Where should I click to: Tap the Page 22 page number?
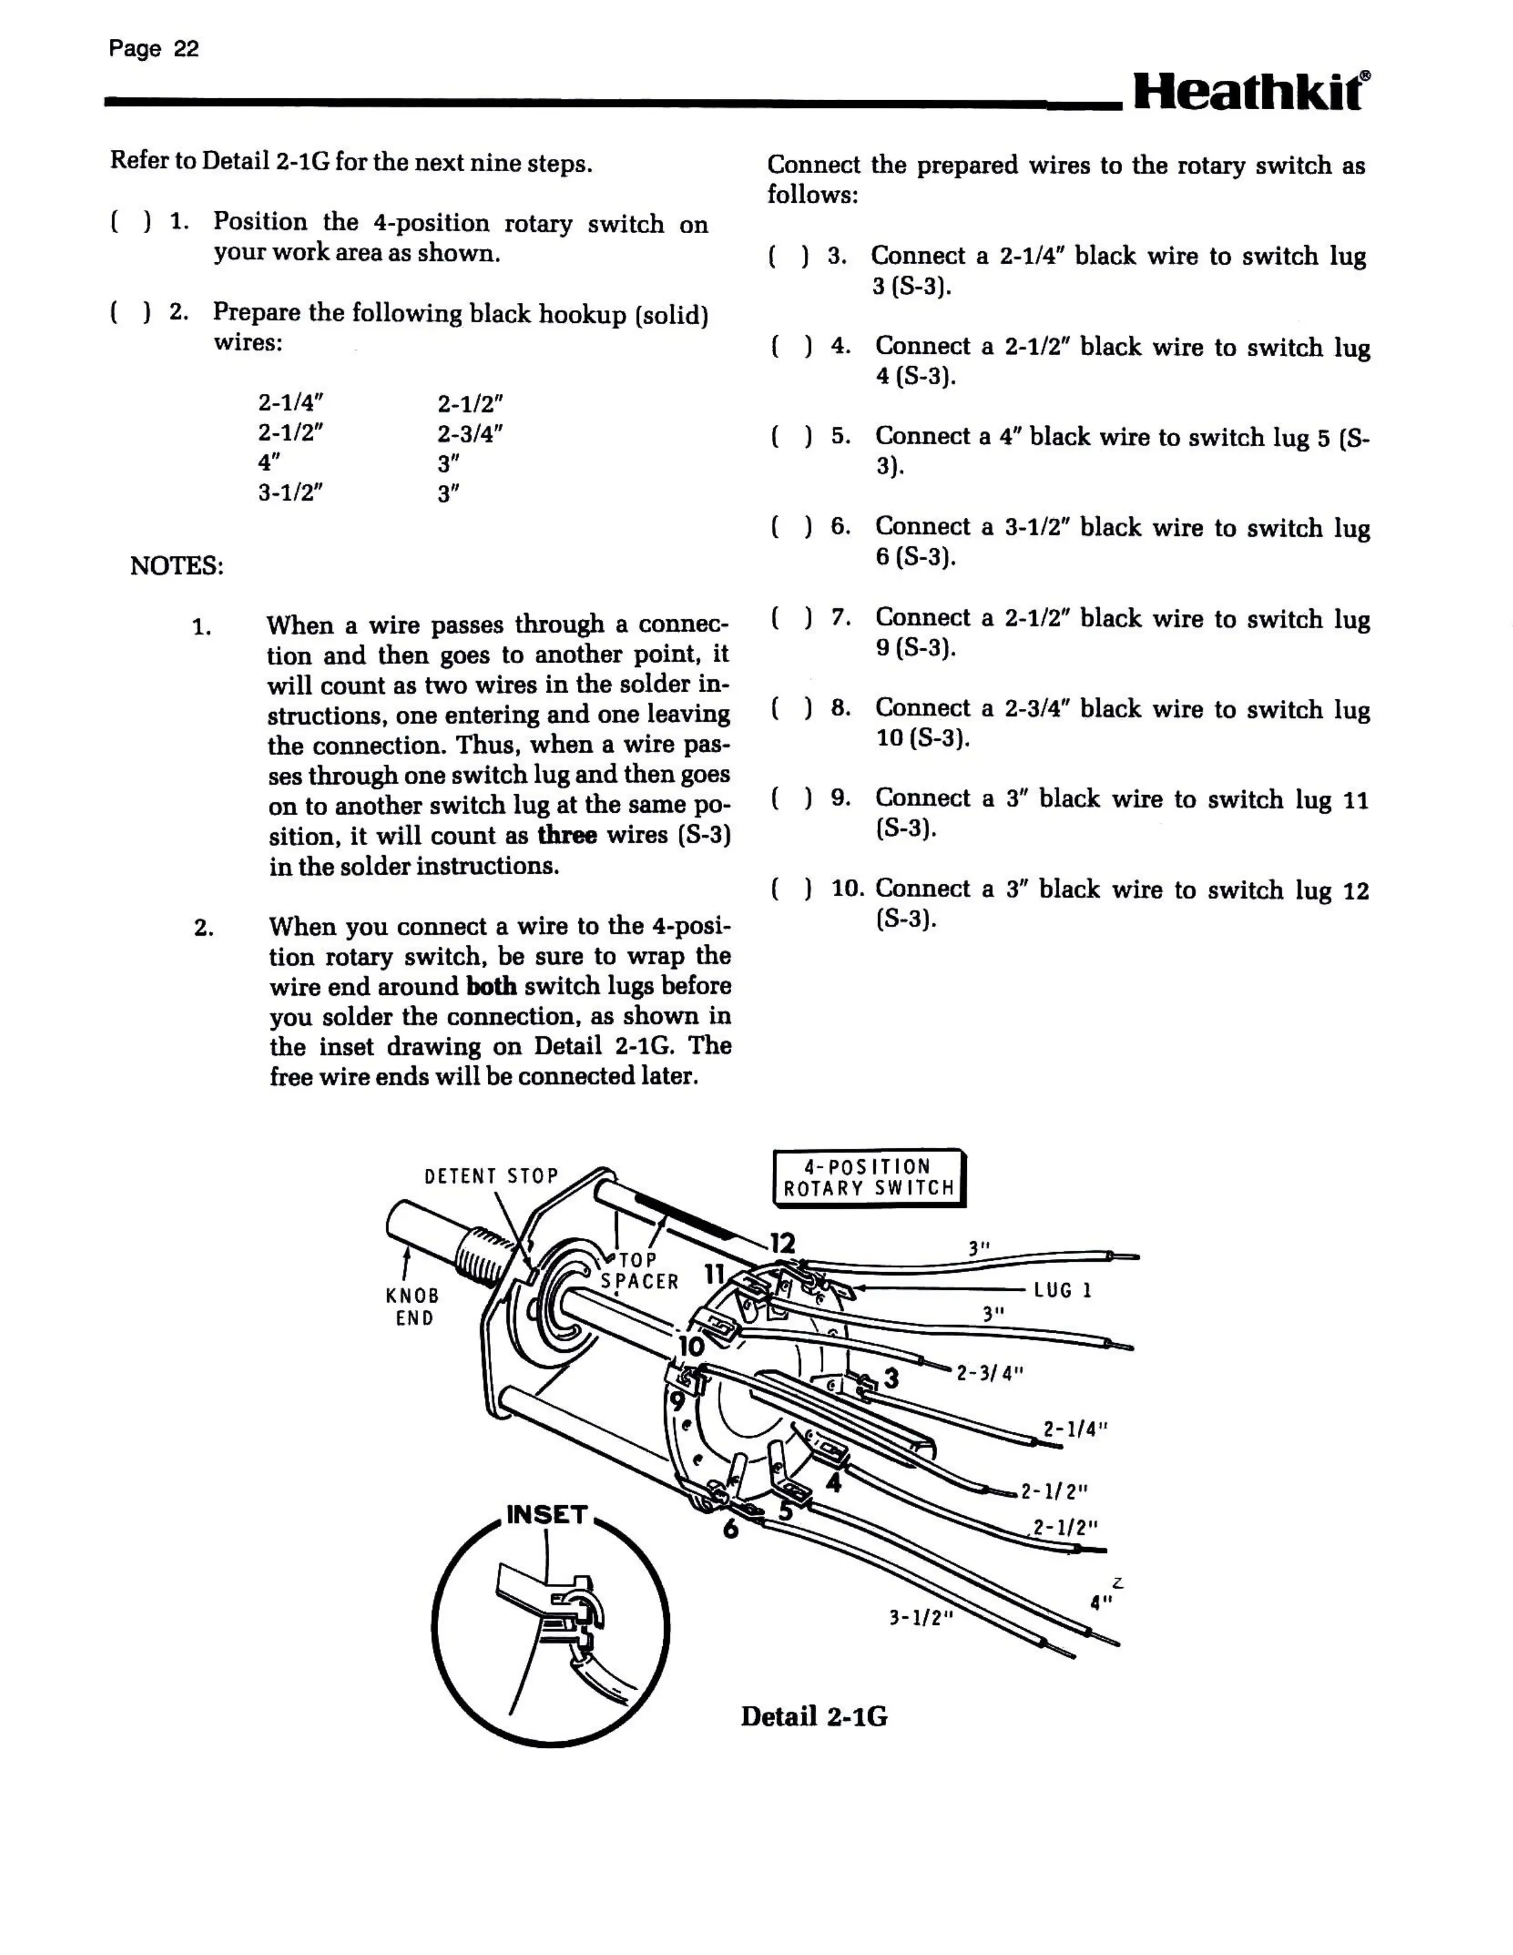pyautogui.click(x=153, y=49)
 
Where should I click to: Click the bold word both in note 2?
pyautogui.click(x=492, y=986)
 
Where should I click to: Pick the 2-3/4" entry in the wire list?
pyautogui.click(x=470, y=433)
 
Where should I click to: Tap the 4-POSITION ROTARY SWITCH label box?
pyautogui.click(x=869, y=1178)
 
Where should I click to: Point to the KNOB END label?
pyautogui.click(x=413, y=1307)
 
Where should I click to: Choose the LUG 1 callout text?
pyautogui.click(x=1063, y=1290)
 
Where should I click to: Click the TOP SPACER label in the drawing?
pyautogui.click(x=639, y=1271)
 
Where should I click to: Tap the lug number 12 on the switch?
pyautogui.click(x=782, y=1244)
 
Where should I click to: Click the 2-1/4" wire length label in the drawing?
pyautogui.click(x=1075, y=1429)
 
